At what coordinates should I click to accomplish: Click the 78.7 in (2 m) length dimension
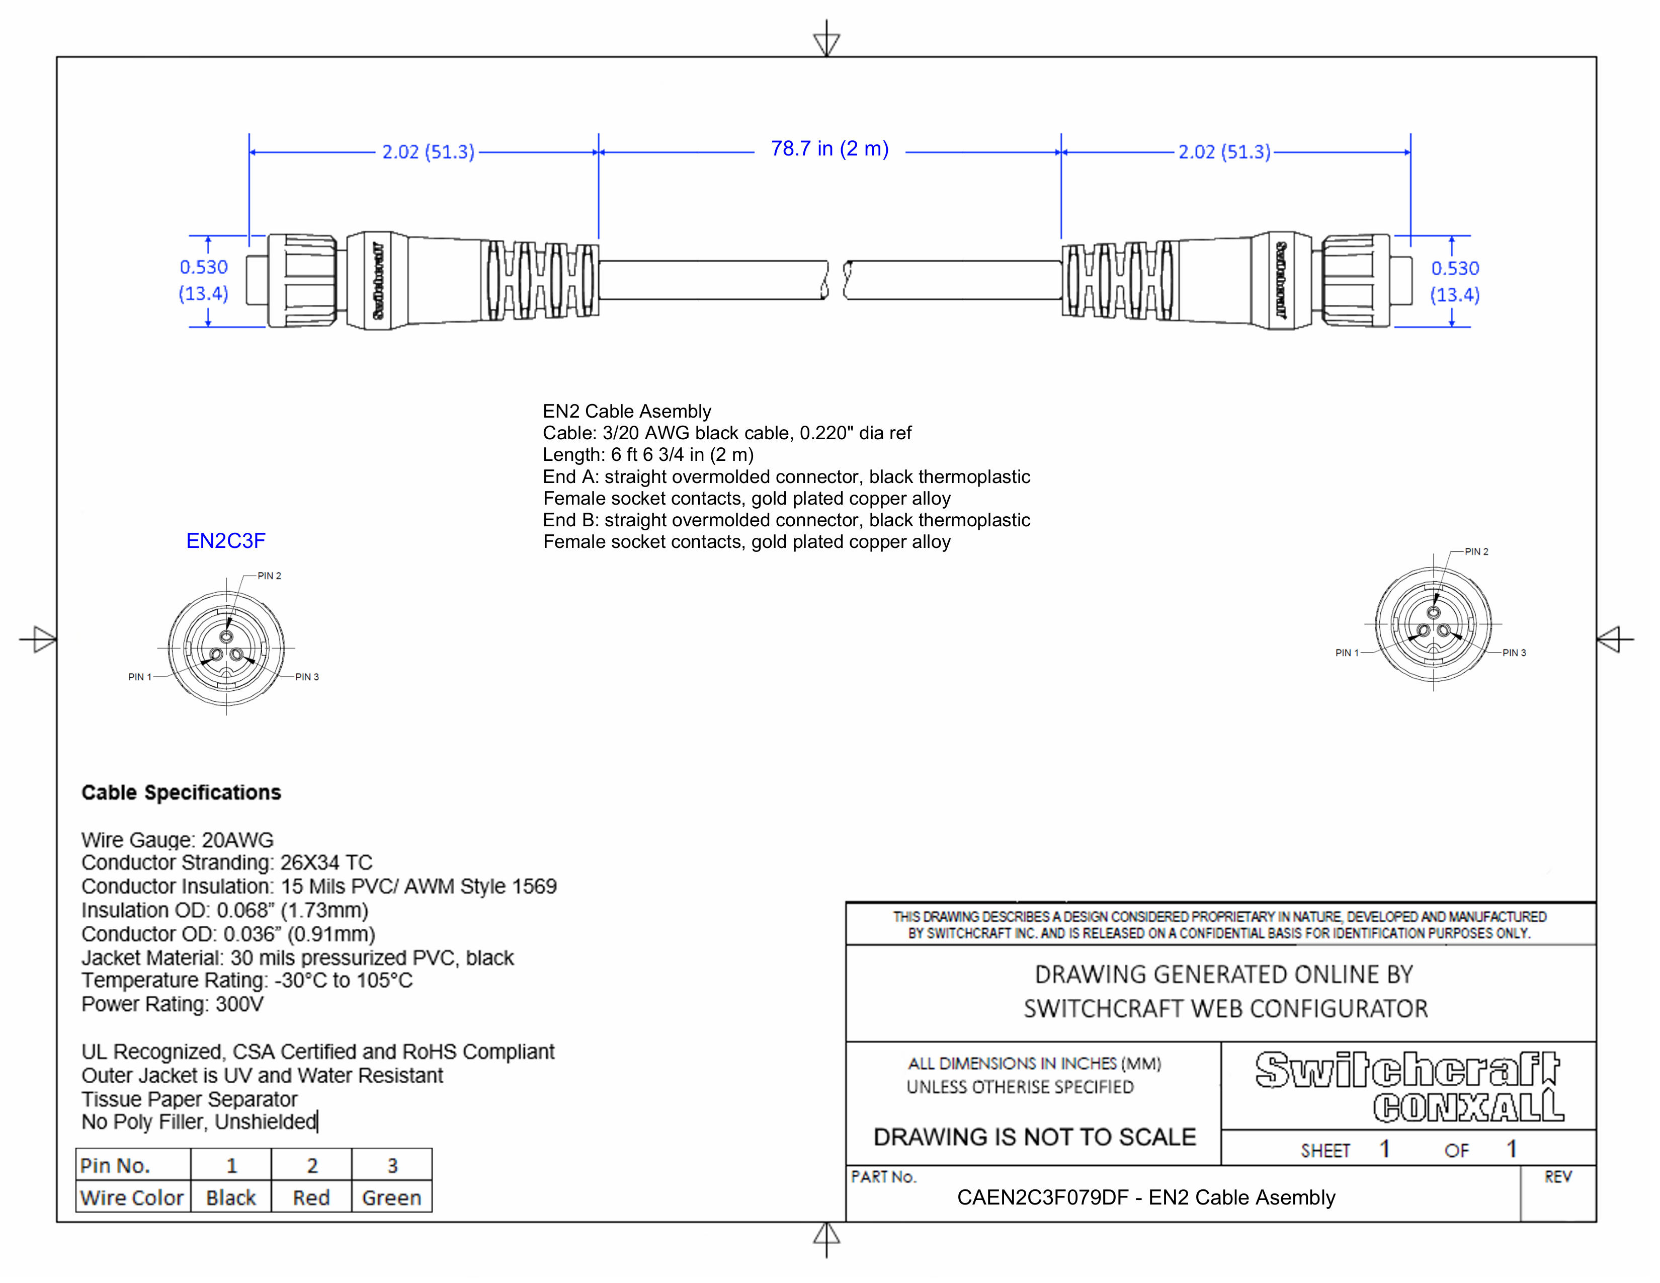[x=829, y=149]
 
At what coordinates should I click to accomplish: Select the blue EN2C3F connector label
[x=226, y=541]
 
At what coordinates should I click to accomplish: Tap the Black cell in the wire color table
[x=231, y=1198]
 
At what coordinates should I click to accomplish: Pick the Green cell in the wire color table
[x=391, y=1198]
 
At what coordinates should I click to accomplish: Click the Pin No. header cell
[x=116, y=1165]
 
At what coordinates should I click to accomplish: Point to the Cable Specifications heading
[x=181, y=793]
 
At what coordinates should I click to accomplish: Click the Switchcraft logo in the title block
[x=1406, y=1070]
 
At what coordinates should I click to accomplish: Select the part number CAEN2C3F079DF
[x=1042, y=1198]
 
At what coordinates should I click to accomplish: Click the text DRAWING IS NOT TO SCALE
[x=1034, y=1137]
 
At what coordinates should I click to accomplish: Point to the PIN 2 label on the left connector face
[x=269, y=576]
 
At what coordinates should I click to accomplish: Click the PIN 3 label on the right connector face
[x=1514, y=653]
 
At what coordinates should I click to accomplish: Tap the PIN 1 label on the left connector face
[x=140, y=677]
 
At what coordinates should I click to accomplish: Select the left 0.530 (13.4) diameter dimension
[x=204, y=280]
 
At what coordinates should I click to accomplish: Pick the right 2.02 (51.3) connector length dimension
[x=1224, y=152]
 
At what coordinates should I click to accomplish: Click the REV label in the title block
[x=1557, y=1177]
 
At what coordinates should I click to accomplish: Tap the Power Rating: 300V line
[x=173, y=1005]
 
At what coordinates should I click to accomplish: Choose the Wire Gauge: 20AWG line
[x=177, y=840]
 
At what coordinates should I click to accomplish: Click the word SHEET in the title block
[x=1325, y=1151]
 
